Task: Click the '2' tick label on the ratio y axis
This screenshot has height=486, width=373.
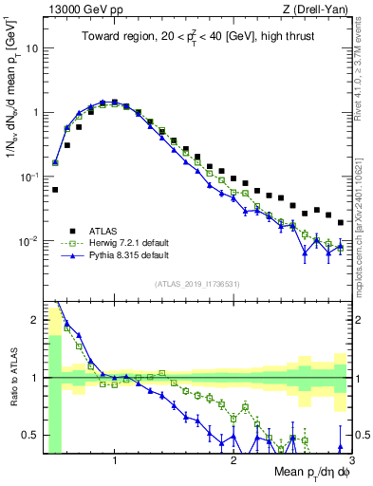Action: tap(35, 320)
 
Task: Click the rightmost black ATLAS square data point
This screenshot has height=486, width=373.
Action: tap(341, 222)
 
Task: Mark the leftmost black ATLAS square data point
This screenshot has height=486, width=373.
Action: tap(55, 190)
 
